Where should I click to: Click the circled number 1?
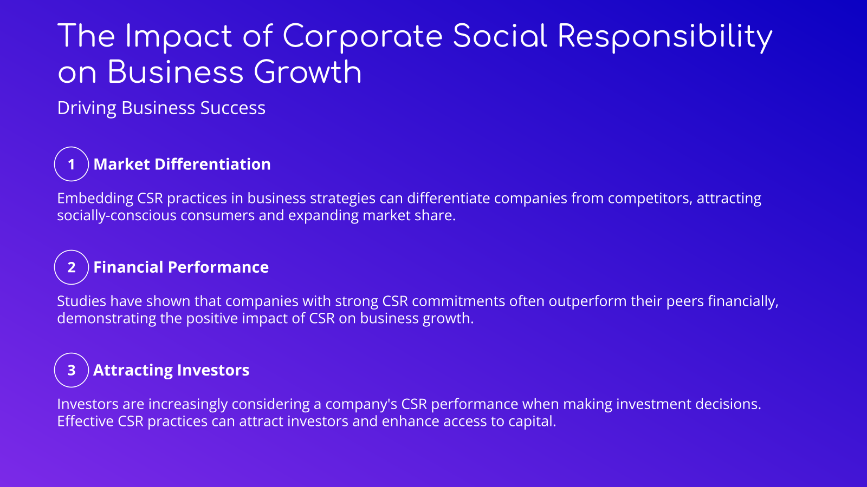click(x=72, y=164)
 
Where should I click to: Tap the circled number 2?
click(x=72, y=267)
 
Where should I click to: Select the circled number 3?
click(x=72, y=370)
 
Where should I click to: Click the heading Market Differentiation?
click(x=182, y=164)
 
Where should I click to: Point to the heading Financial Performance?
click(x=181, y=267)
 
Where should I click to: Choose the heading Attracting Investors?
click(x=171, y=370)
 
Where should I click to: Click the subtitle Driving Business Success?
click(x=161, y=108)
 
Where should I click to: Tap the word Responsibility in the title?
click(x=664, y=37)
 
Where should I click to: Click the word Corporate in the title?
click(x=363, y=37)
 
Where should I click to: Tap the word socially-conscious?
click(x=117, y=215)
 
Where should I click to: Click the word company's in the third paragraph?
click(x=361, y=404)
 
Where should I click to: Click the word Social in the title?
click(x=500, y=37)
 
